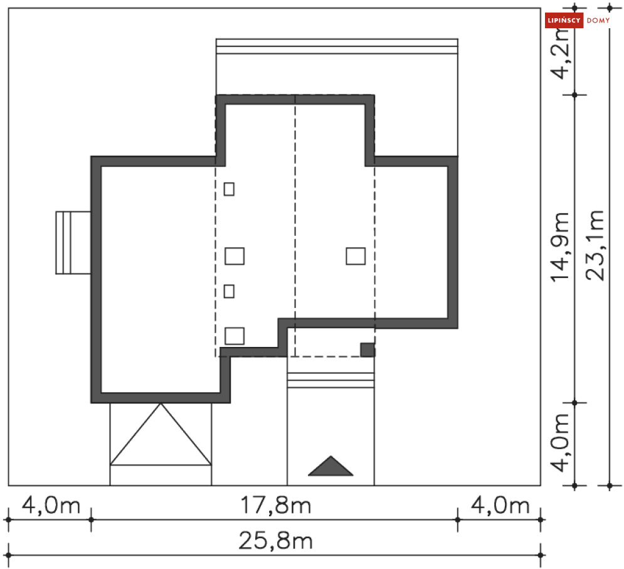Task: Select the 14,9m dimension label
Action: (561, 247)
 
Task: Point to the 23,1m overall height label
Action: (596, 245)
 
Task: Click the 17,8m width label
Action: (275, 505)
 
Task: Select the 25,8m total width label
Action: (275, 541)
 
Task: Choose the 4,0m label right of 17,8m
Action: (500, 505)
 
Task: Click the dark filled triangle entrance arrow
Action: (331, 466)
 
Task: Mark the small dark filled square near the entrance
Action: (368, 349)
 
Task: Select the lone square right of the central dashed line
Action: (356, 256)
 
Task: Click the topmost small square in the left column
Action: (229, 188)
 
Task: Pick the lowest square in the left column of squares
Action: (235, 336)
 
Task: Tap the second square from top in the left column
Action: (235, 256)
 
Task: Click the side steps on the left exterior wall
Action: (73, 243)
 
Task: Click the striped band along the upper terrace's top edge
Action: (337, 47)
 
